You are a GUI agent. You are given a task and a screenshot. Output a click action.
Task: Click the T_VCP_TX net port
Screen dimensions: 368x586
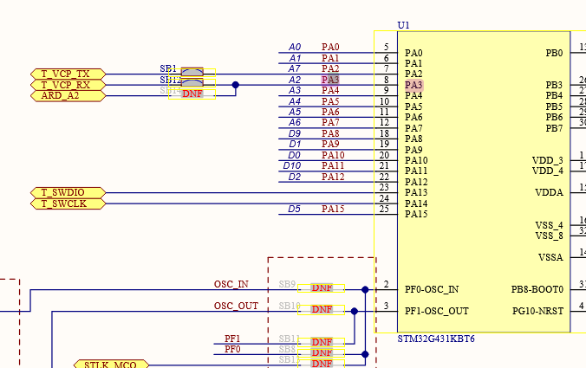[67, 74]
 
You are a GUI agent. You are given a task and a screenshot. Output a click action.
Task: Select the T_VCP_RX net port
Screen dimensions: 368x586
[67, 85]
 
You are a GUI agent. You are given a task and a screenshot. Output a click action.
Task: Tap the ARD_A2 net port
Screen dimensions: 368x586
[67, 95]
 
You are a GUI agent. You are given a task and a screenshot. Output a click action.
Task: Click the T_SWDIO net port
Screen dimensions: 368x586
[67, 192]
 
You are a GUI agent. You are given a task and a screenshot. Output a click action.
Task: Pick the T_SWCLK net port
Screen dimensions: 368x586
[67, 203]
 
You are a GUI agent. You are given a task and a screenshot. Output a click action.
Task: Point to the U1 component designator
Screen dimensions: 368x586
[403, 26]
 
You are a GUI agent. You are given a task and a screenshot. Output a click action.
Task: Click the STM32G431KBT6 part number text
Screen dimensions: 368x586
[435, 339]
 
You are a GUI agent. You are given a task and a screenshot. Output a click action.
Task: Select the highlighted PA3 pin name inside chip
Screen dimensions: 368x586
[413, 85]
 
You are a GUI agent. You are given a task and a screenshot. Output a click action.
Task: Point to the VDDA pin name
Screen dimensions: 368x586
[549, 192]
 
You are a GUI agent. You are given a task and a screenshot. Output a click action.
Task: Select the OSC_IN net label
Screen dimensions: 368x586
[231, 284]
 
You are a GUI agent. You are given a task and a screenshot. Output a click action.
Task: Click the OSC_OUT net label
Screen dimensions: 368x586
[236, 306]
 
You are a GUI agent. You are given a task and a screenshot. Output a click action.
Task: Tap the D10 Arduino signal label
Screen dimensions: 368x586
[292, 165]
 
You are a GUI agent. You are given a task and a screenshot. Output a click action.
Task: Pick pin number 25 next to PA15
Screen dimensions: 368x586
[383, 209]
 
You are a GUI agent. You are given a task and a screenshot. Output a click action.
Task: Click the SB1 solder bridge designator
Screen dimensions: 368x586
[168, 68]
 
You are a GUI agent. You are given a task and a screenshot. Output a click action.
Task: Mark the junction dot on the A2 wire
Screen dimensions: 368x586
[235, 85]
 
